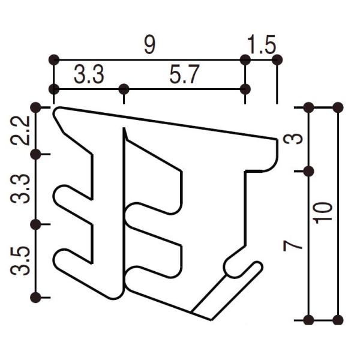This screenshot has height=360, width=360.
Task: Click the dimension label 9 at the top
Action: (x=149, y=46)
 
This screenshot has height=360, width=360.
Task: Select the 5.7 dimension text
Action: (x=184, y=76)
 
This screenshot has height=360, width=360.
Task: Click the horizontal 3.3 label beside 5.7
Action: (x=89, y=76)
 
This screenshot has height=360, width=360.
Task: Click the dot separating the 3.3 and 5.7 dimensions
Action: (x=124, y=89)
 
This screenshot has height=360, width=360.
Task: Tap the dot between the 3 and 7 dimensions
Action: (x=308, y=171)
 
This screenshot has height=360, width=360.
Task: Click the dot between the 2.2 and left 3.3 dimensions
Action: (x=36, y=154)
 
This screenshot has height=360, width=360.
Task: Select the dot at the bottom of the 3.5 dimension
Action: (x=36, y=297)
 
